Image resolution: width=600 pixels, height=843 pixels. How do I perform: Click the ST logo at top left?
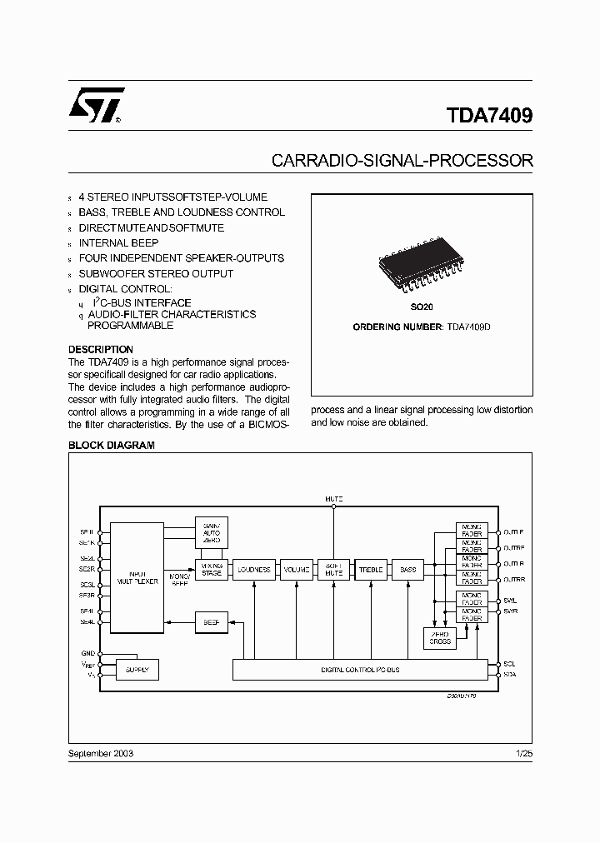coord(97,106)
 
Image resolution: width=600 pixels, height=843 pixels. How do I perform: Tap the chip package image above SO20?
coord(421,267)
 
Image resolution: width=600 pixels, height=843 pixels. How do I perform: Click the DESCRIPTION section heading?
coord(100,350)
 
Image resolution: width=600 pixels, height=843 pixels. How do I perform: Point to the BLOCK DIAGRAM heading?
coord(111,446)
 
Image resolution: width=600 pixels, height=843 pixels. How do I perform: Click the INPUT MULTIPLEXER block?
coord(137,576)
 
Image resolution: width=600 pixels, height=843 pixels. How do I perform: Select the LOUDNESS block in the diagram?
coord(253,570)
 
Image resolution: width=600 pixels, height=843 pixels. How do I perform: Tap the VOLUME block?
coord(296,570)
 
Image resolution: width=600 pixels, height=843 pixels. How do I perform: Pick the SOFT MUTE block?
coord(333,570)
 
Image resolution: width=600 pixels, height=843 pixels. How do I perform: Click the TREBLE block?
coord(371,570)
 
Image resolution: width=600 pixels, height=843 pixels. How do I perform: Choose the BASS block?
coord(407,570)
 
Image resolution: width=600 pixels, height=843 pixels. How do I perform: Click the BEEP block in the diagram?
coord(211,622)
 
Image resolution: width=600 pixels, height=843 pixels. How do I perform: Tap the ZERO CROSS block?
coord(440,638)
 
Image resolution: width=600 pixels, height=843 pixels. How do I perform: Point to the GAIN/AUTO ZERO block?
coord(211,532)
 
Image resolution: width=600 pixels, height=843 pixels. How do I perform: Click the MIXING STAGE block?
coord(211,570)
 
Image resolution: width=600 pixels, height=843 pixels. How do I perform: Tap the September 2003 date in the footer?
coord(100,753)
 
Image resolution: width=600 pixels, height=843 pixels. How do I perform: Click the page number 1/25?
coord(523,753)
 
